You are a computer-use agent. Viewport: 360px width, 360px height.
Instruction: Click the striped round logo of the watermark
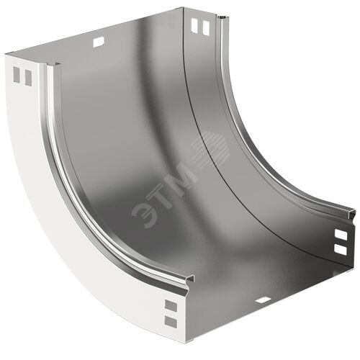pyautogui.click(x=212, y=149)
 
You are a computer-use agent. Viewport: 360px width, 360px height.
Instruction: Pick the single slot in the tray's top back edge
pyautogui.click(x=99, y=42)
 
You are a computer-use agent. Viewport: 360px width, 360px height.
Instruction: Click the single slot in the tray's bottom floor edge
pyautogui.click(x=263, y=300)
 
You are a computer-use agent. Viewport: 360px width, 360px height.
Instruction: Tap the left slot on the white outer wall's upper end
pyautogui.click(x=17, y=75)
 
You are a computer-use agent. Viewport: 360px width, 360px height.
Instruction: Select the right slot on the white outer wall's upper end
pyautogui.click(x=28, y=78)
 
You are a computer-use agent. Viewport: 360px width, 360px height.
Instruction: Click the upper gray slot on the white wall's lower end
pyautogui.click(x=171, y=305)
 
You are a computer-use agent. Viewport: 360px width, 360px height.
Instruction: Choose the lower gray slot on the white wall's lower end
pyautogui.click(x=171, y=322)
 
